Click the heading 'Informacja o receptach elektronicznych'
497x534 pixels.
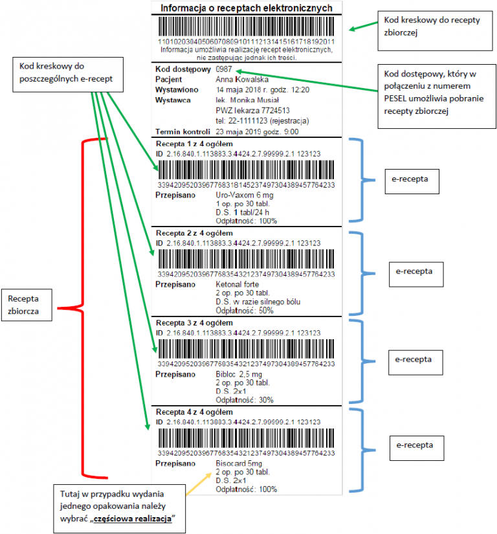[247, 8]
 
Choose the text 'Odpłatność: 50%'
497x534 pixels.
[245, 311]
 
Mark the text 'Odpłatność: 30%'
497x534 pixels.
[245, 400]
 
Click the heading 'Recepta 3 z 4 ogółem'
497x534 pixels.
[194, 322]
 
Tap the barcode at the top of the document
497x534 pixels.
[247, 27]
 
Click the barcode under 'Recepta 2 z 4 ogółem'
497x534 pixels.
[247, 258]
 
